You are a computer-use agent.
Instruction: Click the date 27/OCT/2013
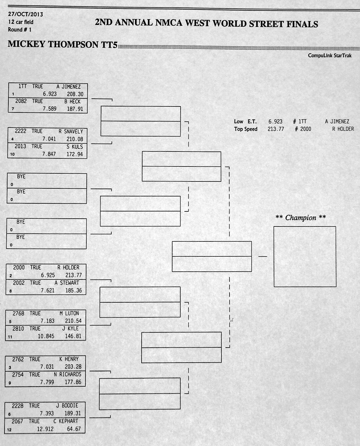[x=25, y=14]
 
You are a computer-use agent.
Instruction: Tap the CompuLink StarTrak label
[x=329, y=55]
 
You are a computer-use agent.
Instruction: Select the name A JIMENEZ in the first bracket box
[x=68, y=87]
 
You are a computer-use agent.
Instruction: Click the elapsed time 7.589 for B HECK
[x=49, y=109]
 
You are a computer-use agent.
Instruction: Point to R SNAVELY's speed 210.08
[x=75, y=139]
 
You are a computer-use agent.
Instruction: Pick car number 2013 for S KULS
[x=20, y=146]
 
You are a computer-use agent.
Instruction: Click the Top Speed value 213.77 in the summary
[x=276, y=129]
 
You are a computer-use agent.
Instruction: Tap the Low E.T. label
[x=245, y=121]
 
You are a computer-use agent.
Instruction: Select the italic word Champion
[x=301, y=218]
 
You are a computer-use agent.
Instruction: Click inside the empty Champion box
[x=305, y=256]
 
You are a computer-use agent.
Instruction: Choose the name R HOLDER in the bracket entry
[x=68, y=268]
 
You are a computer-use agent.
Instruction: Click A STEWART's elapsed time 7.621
[x=48, y=290]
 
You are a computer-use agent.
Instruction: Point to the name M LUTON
[x=69, y=313]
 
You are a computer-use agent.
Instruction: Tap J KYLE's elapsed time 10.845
[x=46, y=336]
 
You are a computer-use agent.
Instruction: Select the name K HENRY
[x=69, y=359]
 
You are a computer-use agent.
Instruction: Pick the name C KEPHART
[x=66, y=421]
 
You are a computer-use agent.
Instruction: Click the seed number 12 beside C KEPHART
[x=9, y=430]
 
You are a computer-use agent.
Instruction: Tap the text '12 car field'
[x=21, y=22]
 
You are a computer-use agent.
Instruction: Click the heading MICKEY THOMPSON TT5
[x=63, y=44]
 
